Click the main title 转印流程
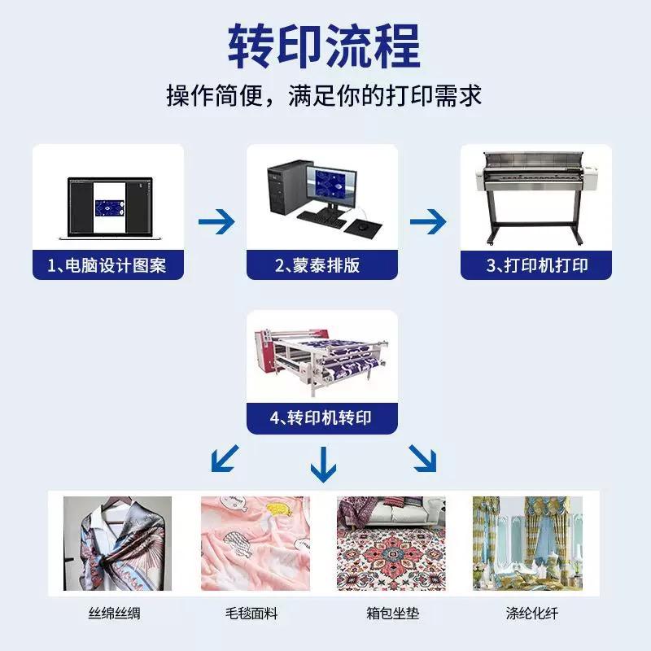[324, 46]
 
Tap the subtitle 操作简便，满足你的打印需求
[324, 95]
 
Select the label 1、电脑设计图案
[107, 265]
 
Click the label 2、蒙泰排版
[317, 265]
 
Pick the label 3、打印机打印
[537, 265]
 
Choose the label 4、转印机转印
[321, 417]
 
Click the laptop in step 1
[110, 208]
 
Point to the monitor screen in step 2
[331, 186]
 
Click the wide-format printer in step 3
[536, 198]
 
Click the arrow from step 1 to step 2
[216, 221]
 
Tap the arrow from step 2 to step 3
[428, 221]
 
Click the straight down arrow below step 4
[323, 464]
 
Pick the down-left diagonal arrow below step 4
[225, 458]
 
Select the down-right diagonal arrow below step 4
[422, 458]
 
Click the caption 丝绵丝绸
[114, 614]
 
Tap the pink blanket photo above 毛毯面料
[256, 544]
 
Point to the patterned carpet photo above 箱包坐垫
[391, 544]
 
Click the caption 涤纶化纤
[532, 614]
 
